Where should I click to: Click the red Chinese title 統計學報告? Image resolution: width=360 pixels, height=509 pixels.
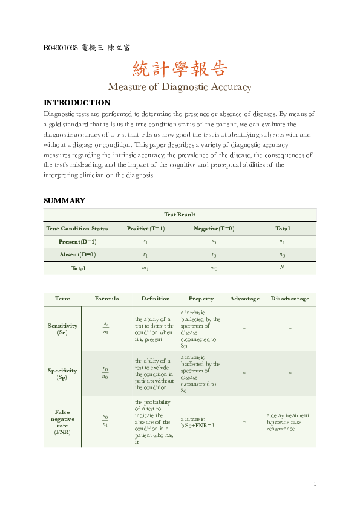(x=180, y=68)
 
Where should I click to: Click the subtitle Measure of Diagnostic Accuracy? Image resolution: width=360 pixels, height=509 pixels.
(x=180, y=87)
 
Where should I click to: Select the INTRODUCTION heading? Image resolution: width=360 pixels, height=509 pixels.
(x=77, y=103)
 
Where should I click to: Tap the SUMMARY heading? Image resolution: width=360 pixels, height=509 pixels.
(x=64, y=201)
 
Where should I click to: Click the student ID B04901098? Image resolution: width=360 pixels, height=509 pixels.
(x=61, y=48)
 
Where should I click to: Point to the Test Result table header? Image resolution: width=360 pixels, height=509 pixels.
(x=180, y=215)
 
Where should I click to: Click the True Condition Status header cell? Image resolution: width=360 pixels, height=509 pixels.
(x=77, y=229)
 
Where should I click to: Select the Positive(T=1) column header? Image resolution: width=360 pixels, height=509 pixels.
(x=145, y=229)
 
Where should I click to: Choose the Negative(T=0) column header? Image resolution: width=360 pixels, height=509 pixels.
(x=214, y=229)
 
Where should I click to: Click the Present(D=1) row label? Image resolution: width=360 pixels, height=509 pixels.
(x=77, y=242)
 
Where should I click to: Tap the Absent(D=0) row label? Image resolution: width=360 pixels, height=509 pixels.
(x=77, y=255)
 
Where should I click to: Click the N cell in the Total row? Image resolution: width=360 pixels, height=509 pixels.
(x=282, y=268)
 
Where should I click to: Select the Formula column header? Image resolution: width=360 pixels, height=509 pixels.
(x=106, y=299)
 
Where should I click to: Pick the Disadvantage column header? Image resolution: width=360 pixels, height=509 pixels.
(x=290, y=299)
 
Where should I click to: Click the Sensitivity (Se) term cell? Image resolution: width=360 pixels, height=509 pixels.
(x=62, y=329)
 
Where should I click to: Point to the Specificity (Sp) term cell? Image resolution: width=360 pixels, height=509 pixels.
(x=62, y=374)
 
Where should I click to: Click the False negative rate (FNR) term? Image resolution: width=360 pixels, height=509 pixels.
(x=62, y=421)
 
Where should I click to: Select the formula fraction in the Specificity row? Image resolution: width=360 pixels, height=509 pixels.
(x=105, y=373)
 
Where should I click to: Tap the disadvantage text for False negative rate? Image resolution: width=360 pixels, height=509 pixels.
(x=288, y=422)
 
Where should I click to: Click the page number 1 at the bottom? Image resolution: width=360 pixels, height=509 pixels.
(x=315, y=484)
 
